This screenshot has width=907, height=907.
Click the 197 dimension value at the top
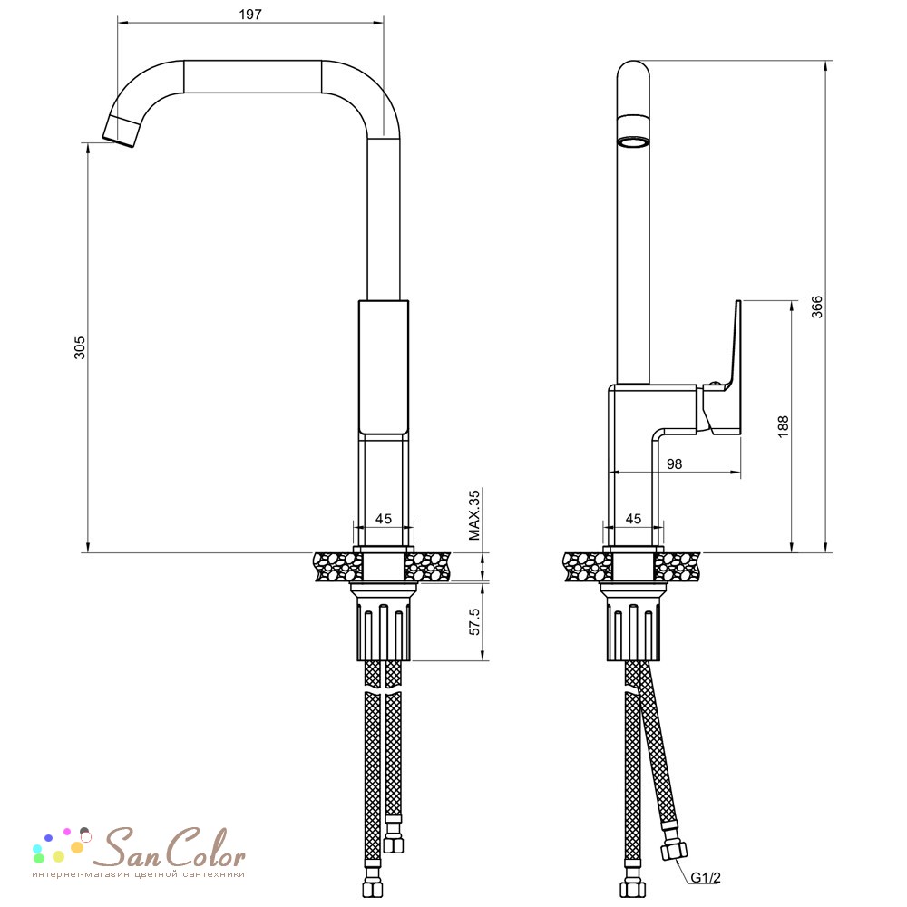250,15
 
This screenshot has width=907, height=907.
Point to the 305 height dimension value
79,347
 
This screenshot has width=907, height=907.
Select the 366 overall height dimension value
816,307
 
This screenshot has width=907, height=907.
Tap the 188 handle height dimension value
783,426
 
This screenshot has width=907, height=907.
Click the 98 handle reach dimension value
674,463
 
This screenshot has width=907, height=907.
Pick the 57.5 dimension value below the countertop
474,621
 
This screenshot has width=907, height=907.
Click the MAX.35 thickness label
474,515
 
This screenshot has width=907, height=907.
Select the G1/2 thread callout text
706,877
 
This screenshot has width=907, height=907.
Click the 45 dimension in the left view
384,519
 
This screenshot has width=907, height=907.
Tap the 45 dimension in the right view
633,519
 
